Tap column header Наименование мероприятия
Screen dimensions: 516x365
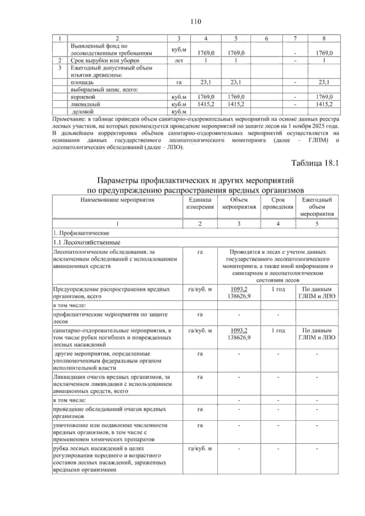click(x=117, y=200)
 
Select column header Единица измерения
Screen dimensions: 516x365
click(x=200, y=203)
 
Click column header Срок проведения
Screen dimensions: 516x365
click(x=278, y=203)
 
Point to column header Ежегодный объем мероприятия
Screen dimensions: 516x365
click(x=317, y=207)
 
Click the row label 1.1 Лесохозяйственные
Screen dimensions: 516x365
click(x=87, y=243)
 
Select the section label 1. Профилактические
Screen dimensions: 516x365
click(x=81, y=233)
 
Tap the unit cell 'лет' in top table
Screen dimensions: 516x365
click(x=179, y=60)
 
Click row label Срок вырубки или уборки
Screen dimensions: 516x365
click(x=97, y=60)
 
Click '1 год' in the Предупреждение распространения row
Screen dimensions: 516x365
click(x=278, y=289)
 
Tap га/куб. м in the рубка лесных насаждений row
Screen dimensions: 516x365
click(x=200, y=449)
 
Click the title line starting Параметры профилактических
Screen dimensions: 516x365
click(x=195, y=181)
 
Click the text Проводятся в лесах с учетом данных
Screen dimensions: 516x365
click(x=278, y=252)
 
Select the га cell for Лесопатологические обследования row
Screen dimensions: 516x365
click(x=200, y=252)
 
